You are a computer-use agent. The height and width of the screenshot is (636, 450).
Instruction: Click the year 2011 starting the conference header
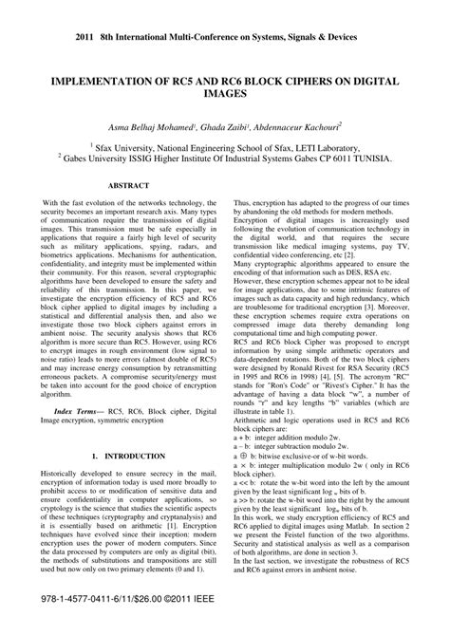click(x=54, y=13)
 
